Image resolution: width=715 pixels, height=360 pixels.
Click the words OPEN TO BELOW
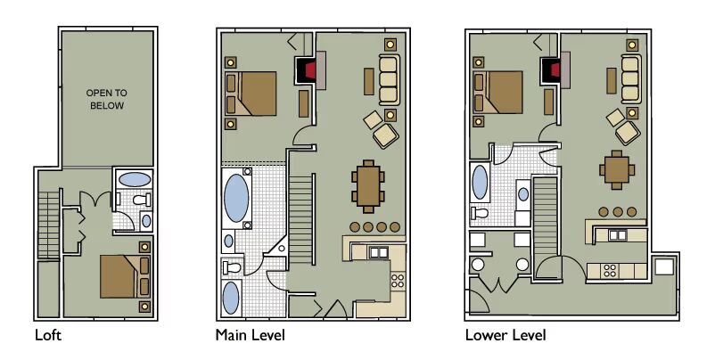[x=107, y=99]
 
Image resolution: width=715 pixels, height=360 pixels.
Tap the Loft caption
[x=48, y=336]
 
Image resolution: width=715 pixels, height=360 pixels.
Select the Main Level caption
[x=251, y=336]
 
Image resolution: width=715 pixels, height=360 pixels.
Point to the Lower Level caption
[x=505, y=336]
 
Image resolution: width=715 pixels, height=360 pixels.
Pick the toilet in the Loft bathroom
[x=142, y=199]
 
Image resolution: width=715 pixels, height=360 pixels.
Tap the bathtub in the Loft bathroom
[x=134, y=179]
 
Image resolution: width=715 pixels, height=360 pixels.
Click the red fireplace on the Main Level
[x=310, y=70]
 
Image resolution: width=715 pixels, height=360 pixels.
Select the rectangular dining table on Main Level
[x=368, y=186]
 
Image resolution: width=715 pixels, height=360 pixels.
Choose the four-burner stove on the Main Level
[x=397, y=281]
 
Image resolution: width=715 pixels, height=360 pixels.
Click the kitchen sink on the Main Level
[x=379, y=252]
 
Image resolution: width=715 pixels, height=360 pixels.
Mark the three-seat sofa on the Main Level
[x=389, y=79]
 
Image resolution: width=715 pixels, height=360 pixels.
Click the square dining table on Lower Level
[x=617, y=169]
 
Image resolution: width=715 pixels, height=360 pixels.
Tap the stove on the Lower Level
[x=610, y=271]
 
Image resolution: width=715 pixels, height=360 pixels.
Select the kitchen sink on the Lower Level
[x=618, y=235]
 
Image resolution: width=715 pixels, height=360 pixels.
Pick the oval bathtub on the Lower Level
[x=480, y=183]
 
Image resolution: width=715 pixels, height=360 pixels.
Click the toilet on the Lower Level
[x=481, y=213]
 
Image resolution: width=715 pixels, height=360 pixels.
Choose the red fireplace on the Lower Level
[x=555, y=70]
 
